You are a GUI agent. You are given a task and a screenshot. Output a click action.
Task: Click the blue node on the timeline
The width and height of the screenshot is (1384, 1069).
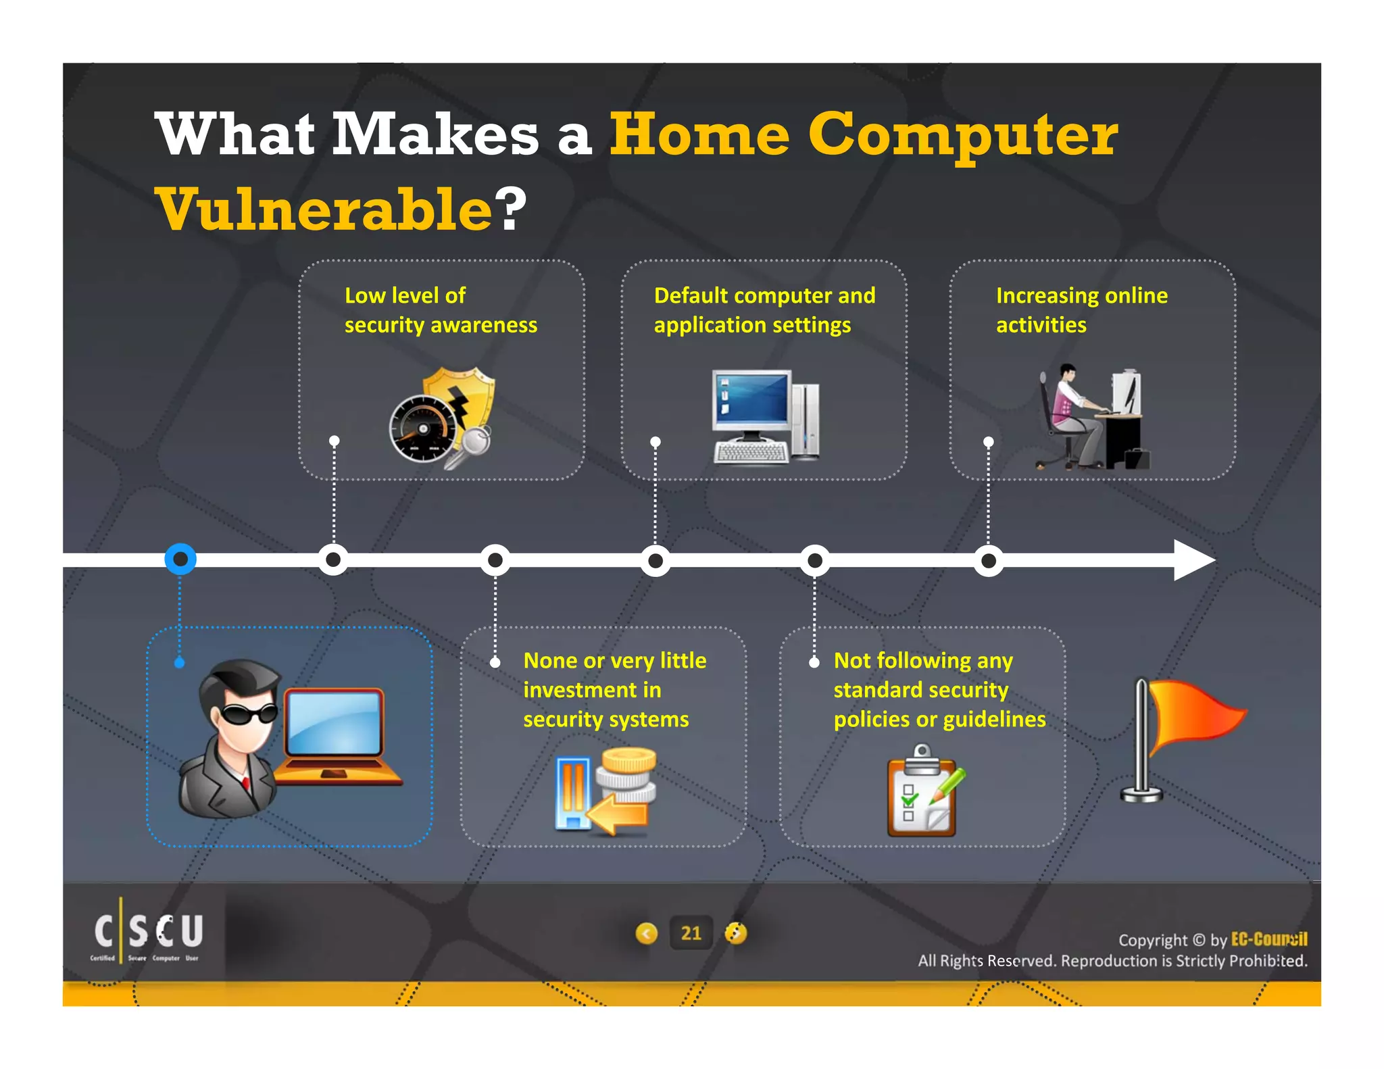pyautogui.click(x=180, y=560)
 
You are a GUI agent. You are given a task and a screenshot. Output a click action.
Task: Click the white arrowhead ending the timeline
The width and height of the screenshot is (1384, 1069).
pyautogui.click(x=1193, y=560)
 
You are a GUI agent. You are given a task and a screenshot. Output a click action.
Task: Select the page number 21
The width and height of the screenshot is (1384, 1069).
pyautogui.click(x=691, y=933)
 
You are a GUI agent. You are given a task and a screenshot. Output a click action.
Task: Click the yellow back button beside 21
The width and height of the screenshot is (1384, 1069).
pyautogui.click(x=647, y=933)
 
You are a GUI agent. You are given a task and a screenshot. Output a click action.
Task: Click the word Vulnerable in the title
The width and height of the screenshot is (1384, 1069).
pyautogui.click(x=324, y=209)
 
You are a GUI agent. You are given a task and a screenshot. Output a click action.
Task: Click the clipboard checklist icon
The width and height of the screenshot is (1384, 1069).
pyautogui.click(x=923, y=792)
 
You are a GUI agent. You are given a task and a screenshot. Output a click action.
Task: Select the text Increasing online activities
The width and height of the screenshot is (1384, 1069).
pyautogui.click(x=1081, y=310)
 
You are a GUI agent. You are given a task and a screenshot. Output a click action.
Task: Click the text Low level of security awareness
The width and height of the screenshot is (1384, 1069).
pyautogui.click(x=441, y=310)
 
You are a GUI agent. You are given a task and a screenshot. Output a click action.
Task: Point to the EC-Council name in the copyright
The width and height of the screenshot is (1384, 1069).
pyautogui.click(x=1269, y=939)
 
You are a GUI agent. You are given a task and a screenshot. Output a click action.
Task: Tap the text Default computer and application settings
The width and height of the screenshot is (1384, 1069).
pyautogui.click(x=764, y=310)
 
